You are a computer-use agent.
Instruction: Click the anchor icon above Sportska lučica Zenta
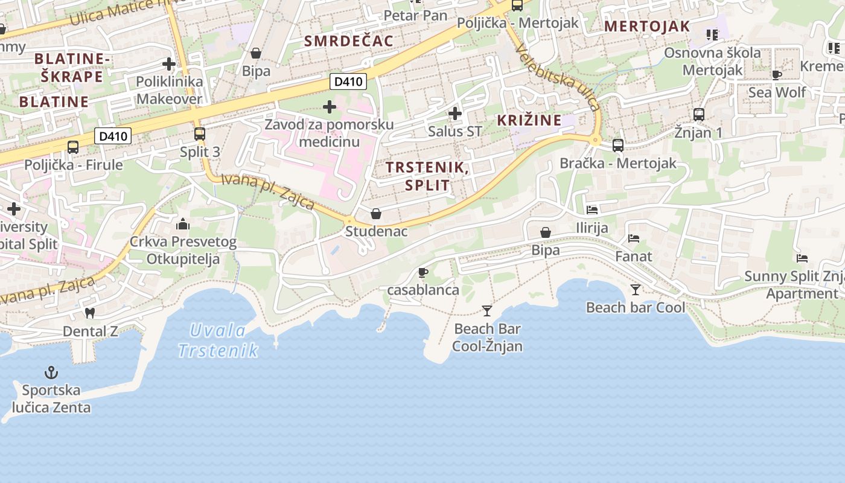pyautogui.click(x=51, y=372)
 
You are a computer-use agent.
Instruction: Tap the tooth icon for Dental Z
pyautogui.click(x=90, y=313)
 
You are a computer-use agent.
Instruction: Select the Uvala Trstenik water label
pyautogui.click(x=218, y=340)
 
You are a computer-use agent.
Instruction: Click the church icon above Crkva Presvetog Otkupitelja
pyautogui.click(x=183, y=225)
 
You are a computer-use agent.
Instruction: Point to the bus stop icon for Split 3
pyautogui.click(x=200, y=134)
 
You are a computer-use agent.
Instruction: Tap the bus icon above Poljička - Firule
pyautogui.click(x=73, y=147)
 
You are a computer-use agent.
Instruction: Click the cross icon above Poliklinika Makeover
pyautogui.click(x=169, y=63)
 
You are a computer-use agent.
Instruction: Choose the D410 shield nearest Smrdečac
pyautogui.click(x=348, y=82)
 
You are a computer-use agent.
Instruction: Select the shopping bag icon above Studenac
pyautogui.click(x=376, y=214)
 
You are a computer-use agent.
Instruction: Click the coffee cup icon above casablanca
pyautogui.click(x=423, y=272)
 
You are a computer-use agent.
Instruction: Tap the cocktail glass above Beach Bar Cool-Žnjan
pyautogui.click(x=487, y=311)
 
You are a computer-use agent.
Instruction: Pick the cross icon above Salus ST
pyautogui.click(x=455, y=114)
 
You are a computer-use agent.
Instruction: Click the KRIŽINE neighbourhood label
pyautogui.click(x=529, y=120)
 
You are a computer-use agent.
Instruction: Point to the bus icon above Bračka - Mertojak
pyautogui.click(x=617, y=146)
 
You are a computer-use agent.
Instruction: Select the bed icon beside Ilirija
pyautogui.click(x=592, y=210)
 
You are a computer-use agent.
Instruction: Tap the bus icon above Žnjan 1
pyautogui.click(x=698, y=114)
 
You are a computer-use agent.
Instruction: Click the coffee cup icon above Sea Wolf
pyautogui.click(x=777, y=75)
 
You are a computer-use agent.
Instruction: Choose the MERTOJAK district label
pyautogui.click(x=646, y=26)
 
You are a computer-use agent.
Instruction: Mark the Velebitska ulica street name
pyautogui.click(x=558, y=78)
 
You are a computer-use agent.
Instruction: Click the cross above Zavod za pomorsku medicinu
pyautogui.click(x=330, y=107)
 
